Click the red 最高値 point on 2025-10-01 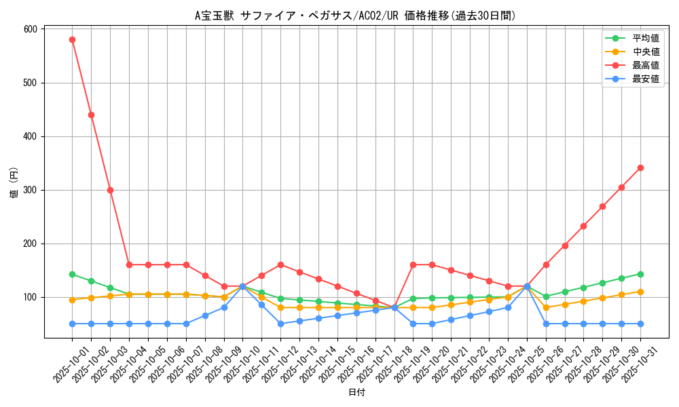point(72,39)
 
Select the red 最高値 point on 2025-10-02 point(91,115)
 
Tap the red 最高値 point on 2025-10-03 point(110,190)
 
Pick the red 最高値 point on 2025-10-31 point(640,168)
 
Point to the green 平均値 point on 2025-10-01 point(72,274)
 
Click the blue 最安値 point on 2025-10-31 point(640,324)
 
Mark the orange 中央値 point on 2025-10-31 point(640,292)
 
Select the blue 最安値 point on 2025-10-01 point(72,324)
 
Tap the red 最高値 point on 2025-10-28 point(583,226)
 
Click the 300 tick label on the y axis point(30,190)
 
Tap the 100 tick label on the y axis point(30,297)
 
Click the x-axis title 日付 point(356,392)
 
